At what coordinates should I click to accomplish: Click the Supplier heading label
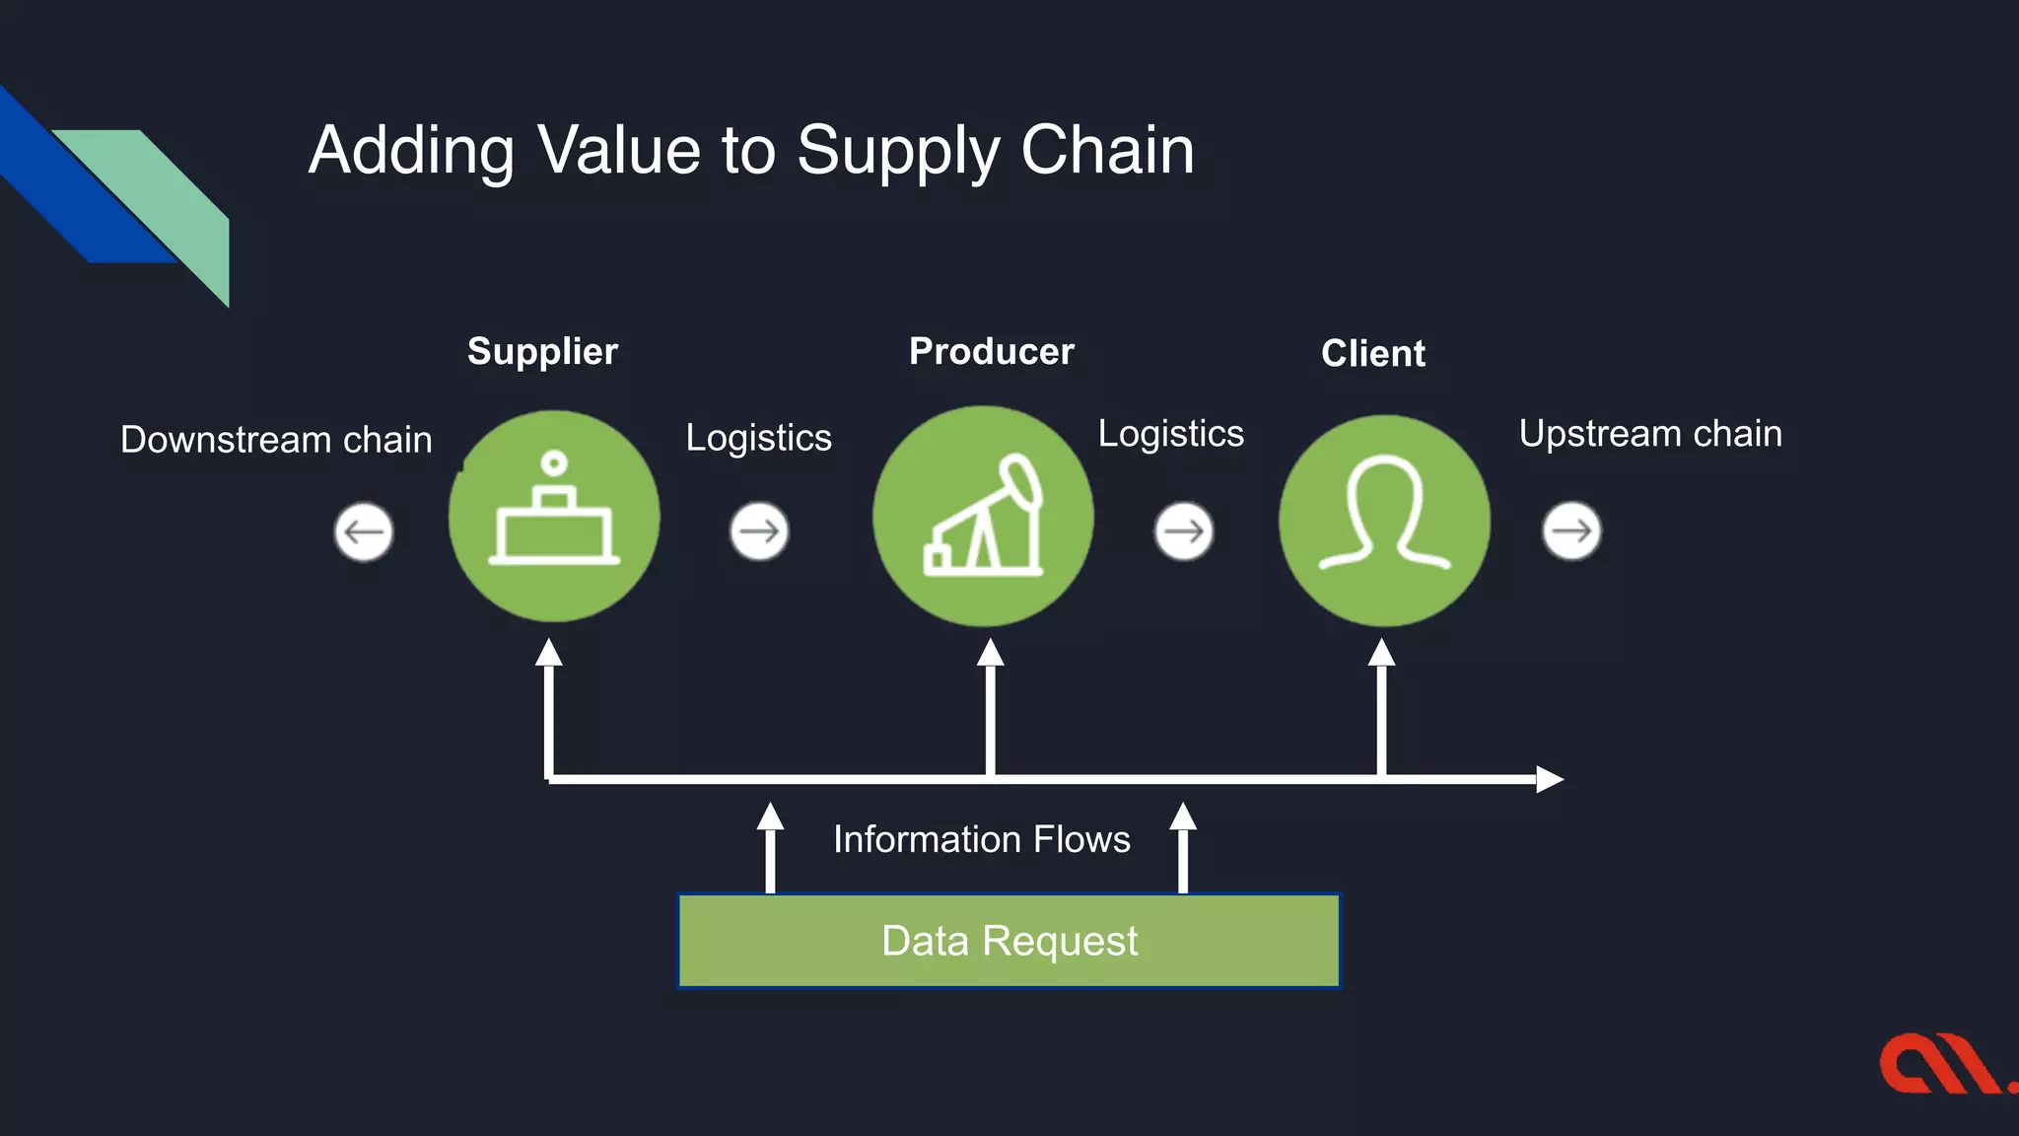click(x=542, y=351)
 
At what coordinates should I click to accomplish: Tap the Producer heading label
click(x=991, y=351)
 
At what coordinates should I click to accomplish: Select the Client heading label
click(x=1372, y=353)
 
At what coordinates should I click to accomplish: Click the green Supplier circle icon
click(x=554, y=516)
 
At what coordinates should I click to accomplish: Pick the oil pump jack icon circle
click(x=983, y=516)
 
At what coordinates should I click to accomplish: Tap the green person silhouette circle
click(x=1384, y=520)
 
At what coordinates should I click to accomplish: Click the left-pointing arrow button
click(x=364, y=532)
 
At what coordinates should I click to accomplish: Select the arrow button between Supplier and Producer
click(x=759, y=532)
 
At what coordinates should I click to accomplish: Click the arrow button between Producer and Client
click(x=1183, y=532)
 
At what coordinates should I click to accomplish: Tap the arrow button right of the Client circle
click(x=1571, y=531)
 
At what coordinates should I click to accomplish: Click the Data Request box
click(x=1009, y=941)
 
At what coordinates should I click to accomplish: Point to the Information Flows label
click(x=981, y=839)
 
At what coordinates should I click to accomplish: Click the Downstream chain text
click(x=276, y=439)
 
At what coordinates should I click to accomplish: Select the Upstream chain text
click(x=1650, y=434)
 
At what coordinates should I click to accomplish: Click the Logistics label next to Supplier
click(x=758, y=437)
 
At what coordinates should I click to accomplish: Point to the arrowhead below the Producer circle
click(x=990, y=653)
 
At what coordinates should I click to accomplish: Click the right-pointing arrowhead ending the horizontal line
click(x=1550, y=779)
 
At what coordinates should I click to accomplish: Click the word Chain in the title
click(x=1107, y=150)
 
